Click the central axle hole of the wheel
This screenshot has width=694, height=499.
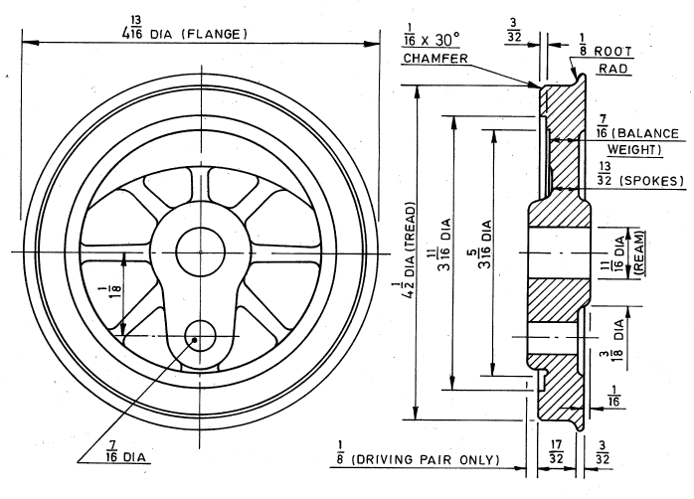click(200, 251)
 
